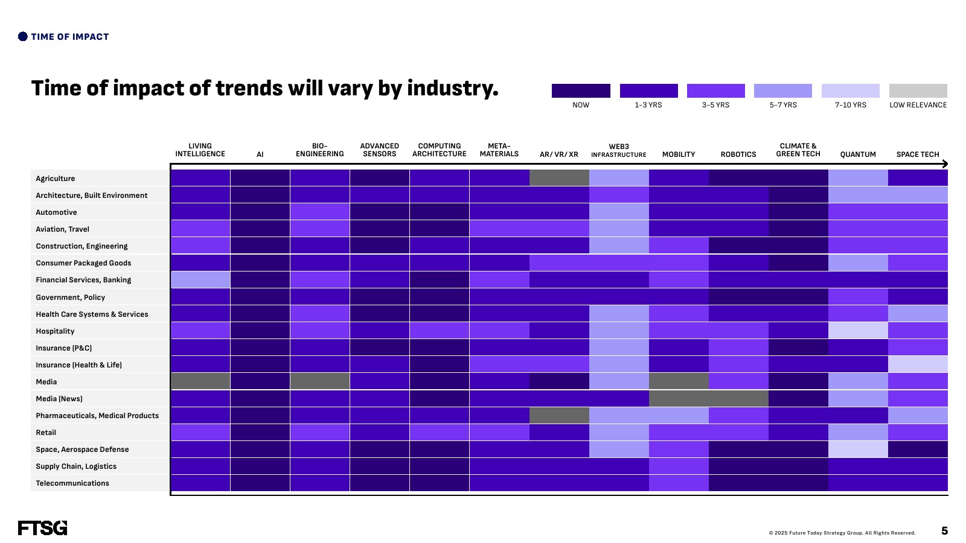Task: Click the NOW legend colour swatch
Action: [581, 91]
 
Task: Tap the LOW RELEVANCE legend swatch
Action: [918, 91]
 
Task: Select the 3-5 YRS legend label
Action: [715, 105]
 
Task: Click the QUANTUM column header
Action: [858, 154]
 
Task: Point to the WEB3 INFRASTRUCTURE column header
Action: [618, 150]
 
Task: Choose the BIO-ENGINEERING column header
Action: [319, 150]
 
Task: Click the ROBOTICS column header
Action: [738, 154]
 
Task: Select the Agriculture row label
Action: [55, 179]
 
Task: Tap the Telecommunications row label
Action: [72, 483]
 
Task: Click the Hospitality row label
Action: [55, 331]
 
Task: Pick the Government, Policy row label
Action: [70, 297]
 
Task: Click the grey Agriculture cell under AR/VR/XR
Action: [559, 177]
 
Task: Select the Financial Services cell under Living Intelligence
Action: [200, 279]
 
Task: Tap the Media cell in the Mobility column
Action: [679, 381]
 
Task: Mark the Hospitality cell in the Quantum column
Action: [858, 330]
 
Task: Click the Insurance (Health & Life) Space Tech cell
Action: [918, 364]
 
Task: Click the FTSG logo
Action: [43, 528]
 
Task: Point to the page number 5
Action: [944, 530]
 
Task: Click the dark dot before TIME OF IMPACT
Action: [23, 37]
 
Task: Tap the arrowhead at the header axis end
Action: [945, 164]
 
